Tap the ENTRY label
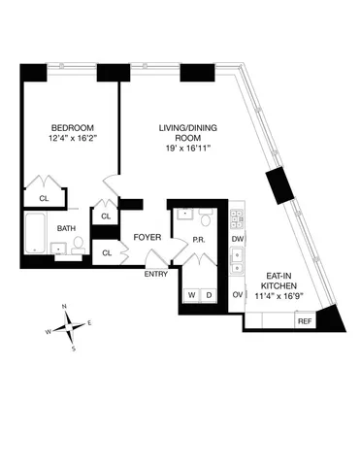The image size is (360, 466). click(156, 274)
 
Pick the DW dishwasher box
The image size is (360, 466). click(237, 238)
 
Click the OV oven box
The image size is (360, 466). click(237, 294)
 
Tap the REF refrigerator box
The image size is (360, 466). click(304, 321)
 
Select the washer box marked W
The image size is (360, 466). click(192, 294)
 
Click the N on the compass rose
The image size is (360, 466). click(65, 307)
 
